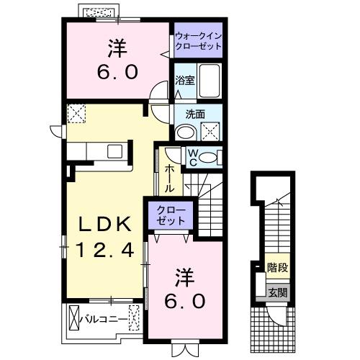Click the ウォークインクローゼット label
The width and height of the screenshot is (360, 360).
click(197, 40)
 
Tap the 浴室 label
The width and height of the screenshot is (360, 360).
click(185, 81)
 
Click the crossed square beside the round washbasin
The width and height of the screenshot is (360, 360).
click(211, 130)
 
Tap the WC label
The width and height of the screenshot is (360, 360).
click(193, 158)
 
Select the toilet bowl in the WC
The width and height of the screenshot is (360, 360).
click(210, 158)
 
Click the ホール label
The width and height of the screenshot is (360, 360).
click(170, 178)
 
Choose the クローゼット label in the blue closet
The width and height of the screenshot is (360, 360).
click(171, 217)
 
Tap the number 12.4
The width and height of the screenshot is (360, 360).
click(107, 251)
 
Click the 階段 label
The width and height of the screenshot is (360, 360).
click(277, 268)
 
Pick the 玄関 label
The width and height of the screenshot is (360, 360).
click(277, 292)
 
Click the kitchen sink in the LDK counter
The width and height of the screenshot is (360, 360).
click(115, 151)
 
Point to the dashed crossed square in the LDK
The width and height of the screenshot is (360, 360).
click(76, 113)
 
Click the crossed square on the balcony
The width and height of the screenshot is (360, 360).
click(76, 318)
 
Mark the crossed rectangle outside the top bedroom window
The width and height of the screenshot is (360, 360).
click(99, 12)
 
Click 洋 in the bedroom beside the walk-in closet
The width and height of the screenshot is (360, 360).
click(118, 49)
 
